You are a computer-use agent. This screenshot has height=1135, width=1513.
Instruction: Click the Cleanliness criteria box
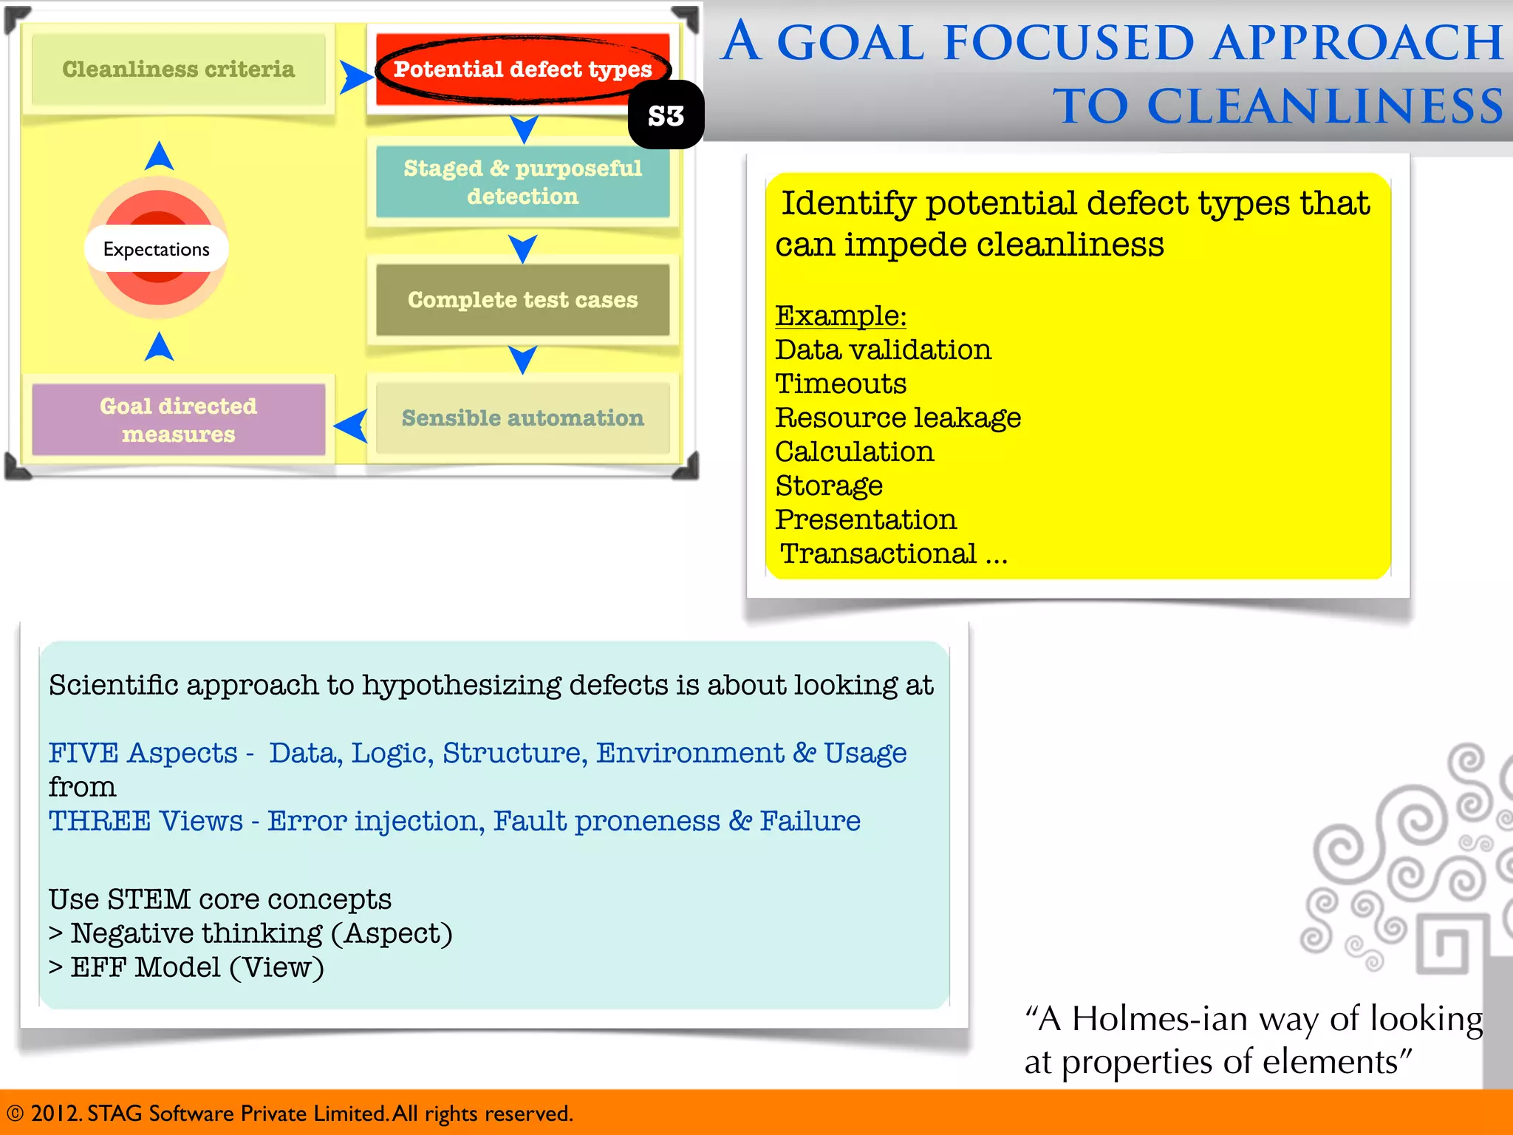coord(178,69)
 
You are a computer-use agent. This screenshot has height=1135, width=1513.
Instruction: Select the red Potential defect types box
coord(522,69)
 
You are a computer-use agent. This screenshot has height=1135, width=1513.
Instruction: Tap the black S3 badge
coord(666,116)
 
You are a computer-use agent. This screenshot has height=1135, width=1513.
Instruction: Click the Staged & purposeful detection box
coord(522,182)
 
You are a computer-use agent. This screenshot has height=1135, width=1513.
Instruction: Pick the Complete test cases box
coord(522,299)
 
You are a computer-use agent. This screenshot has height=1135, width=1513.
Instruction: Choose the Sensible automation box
coord(522,418)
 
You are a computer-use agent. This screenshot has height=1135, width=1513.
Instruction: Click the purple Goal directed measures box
coord(178,420)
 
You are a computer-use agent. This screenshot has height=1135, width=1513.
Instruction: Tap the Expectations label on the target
coord(157,249)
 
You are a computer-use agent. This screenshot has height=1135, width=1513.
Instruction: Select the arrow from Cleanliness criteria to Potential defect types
coord(356,77)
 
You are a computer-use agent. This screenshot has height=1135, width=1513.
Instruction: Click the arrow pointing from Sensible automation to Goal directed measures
coord(352,426)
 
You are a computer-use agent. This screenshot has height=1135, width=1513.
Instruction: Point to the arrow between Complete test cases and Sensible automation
coord(523,359)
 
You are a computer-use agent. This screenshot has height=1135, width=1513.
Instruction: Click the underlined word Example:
coord(841,316)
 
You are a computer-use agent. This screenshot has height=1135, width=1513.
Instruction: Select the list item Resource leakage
coord(898,417)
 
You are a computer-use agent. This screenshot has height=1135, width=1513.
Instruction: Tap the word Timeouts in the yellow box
coord(841,384)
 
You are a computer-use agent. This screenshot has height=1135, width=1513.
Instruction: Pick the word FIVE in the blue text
coord(83,753)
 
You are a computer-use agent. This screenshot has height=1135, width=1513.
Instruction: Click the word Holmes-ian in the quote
coord(1160,1019)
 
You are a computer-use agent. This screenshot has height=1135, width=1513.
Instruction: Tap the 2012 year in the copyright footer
coord(55,1114)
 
